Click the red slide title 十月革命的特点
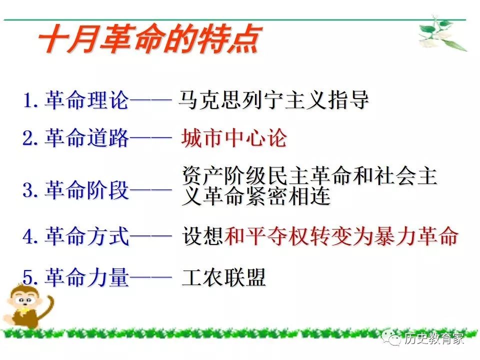(149, 39)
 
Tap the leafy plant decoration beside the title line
(442, 33)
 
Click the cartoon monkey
(27, 306)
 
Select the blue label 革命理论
(87, 100)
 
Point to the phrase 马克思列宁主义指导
(273, 100)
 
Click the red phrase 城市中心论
(234, 138)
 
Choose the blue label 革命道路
(87, 138)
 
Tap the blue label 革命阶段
(87, 190)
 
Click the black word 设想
(202, 236)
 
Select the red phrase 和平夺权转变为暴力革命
(341, 236)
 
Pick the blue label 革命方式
(87, 236)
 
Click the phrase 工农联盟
(224, 277)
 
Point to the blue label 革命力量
(87, 277)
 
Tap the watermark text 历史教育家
(433, 338)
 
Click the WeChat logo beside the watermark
(391, 337)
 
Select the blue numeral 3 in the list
(28, 190)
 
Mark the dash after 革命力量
(150, 277)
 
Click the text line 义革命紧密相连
(256, 196)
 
